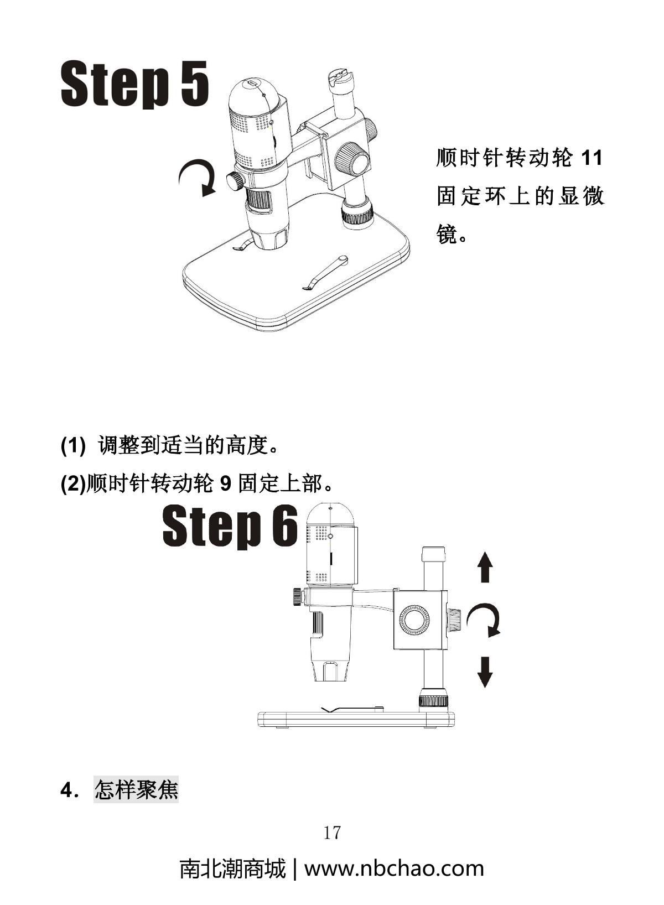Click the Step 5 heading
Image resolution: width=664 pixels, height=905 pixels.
134,84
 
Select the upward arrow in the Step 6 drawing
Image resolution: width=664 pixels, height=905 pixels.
485,566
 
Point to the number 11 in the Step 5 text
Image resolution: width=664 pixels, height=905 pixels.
590,159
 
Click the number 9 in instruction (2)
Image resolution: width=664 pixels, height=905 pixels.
225,484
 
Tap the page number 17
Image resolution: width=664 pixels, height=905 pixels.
332,832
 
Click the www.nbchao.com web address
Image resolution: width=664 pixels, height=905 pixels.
394,868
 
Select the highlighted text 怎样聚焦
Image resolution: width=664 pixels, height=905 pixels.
136,789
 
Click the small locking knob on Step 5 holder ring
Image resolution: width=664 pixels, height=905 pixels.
235,180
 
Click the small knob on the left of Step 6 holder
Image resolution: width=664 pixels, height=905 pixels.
297,597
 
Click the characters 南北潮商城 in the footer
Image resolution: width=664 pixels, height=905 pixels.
232,868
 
